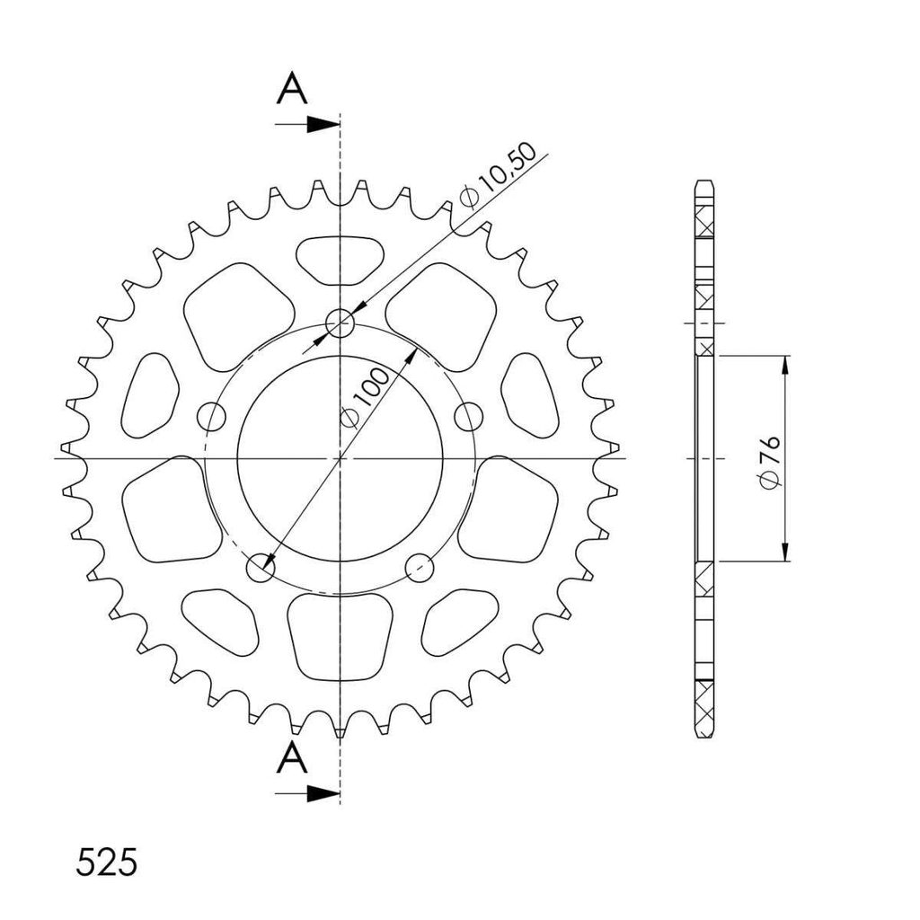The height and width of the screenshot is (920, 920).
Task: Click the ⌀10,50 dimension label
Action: click(499, 175)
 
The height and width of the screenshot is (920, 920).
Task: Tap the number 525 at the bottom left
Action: click(106, 862)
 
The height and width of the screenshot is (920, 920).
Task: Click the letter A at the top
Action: click(292, 89)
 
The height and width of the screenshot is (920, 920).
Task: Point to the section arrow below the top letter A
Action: click(307, 124)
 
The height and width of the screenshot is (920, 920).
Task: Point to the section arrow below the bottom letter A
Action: click(307, 793)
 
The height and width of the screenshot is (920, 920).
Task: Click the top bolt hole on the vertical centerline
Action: click(341, 323)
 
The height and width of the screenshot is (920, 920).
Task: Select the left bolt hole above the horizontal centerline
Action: click(211, 417)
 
